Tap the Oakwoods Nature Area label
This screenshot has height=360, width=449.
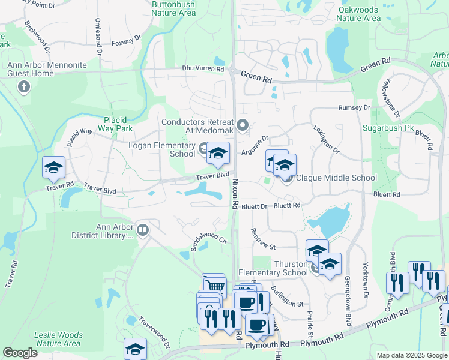point(358,14)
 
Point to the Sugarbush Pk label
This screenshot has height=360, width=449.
point(388,128)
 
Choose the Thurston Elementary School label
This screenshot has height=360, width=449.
point(273,268)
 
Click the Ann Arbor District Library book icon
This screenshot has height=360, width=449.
point(143,229)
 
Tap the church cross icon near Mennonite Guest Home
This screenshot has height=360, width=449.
point(24,88)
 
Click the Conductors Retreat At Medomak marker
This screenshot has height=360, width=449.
point(243,125)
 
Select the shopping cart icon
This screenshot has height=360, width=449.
point(213,284)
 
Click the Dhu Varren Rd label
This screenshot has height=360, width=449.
point(204,69)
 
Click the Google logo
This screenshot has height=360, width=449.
point(20,353)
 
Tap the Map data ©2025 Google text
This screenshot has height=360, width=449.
point(411,355)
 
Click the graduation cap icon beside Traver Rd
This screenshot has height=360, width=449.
point(54,168)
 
